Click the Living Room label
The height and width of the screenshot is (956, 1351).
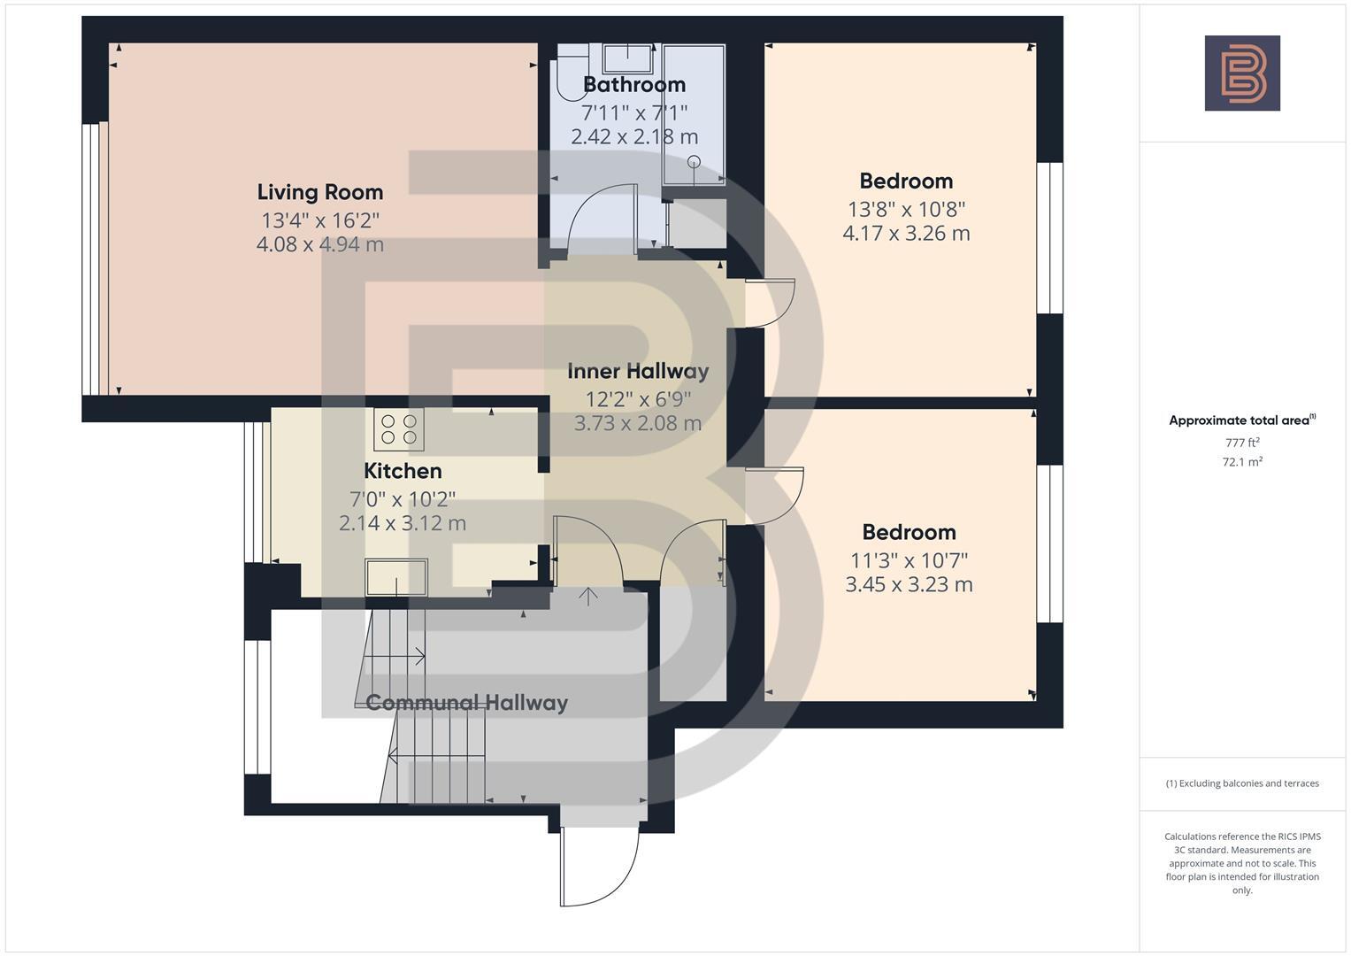click(319, 192)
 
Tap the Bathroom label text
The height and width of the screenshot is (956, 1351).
click(634, 85)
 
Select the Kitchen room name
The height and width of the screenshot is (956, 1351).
click(403, 471)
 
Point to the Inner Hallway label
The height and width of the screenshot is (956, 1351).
click(638, 371)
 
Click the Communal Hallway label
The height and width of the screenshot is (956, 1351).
click(466, 703)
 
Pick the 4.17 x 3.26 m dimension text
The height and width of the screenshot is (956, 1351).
click(906, 234)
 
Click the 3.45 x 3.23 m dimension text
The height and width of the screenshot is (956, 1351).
click(909, 585)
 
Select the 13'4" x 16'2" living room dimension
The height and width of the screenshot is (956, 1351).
click(319, 220)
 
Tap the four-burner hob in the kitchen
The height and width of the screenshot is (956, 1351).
click(399, 428)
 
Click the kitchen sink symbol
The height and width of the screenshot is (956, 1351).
click(396, 577)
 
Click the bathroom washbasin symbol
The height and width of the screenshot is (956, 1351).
click(629, 58)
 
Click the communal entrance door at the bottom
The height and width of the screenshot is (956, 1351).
click(599, 867)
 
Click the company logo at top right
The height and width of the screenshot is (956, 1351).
click(1242, 73)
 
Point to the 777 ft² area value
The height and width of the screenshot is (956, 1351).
click(1242, 443)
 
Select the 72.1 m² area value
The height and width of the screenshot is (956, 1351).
click(1242, 462)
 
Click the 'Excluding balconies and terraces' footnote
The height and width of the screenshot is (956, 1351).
click(1242, 783)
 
